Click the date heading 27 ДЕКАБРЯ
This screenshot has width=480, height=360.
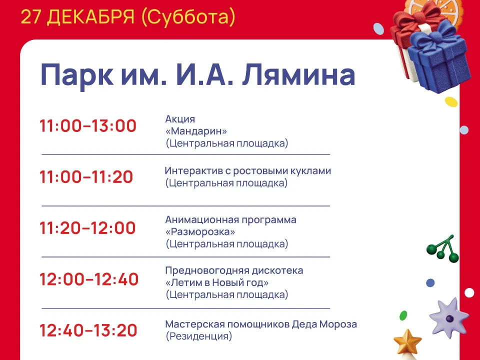[x=77, y=17]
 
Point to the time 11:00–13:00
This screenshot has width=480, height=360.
[x=88, y=126]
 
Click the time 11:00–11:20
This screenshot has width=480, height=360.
[x=86, y=177]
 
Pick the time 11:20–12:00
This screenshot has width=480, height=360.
[x=88, y=228]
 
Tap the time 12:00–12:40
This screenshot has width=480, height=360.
[x=89, y=279]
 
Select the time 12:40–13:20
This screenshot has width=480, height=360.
[x=88, y=330]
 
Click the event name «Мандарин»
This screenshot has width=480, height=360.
[x=196, y=131]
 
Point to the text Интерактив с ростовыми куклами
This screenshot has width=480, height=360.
[x=248, y=171]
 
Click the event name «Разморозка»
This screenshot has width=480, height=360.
[x=200, y=232]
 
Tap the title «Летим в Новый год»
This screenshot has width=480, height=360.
[x=217, y=283]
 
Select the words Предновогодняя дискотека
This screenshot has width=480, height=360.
[x=234, y=270]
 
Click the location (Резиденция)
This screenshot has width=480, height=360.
[x=199, y=337]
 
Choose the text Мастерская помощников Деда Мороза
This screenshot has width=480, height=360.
[x=261, y=324]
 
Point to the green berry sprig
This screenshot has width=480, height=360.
[x=442, y=248]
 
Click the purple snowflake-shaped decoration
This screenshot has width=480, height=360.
[x=448, y=317]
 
